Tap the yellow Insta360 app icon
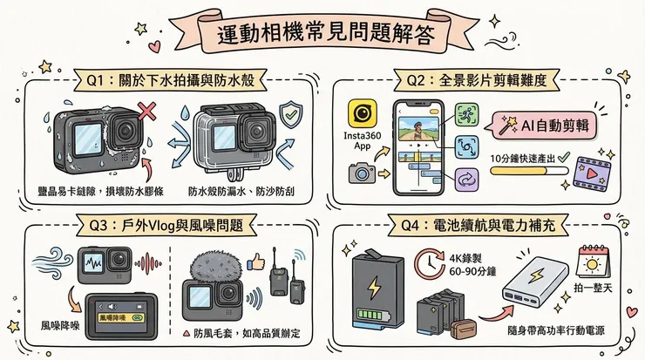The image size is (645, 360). (362, 113)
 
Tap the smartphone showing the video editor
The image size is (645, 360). (420, 147)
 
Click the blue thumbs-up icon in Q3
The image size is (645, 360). (255, 260)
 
